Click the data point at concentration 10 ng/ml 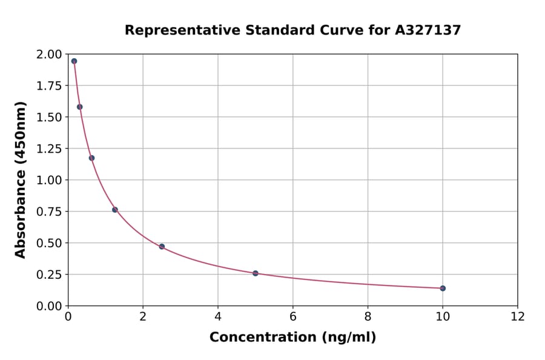pos(443,288)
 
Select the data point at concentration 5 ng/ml pos(256,273)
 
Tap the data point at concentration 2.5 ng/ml pos(162,247)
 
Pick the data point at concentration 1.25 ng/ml pos(115,210)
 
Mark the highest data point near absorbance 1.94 pos(74,61)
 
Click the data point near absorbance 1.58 pos(80,107)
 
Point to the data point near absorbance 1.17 pos(91,158)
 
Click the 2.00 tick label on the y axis pos(48,55)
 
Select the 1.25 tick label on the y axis pos(48,148)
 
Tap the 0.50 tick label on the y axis pos(48,243)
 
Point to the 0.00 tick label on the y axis pos(48,306)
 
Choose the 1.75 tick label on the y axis pos(48,86)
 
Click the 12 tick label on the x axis pos(517,316)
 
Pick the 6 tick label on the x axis pos(292,316)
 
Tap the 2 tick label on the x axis pos(143,316)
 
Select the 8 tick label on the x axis pos(368,316)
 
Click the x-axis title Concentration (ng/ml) pos(292,338)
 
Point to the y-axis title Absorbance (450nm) pos(21,180)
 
